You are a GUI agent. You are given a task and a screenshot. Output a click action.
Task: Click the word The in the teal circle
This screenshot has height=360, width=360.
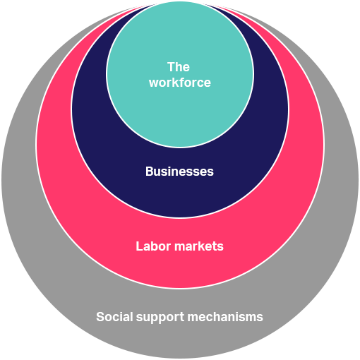click(x=179, y=67)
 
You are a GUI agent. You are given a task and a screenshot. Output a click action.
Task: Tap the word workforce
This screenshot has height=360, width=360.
click(x=180, y=83)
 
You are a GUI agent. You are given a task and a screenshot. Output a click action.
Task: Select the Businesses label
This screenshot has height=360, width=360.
click(x=179, y=172)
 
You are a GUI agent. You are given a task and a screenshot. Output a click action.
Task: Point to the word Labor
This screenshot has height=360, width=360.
click(x=153, y=246)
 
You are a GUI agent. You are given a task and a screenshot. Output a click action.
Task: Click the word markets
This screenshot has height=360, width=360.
click(x=199, y=246)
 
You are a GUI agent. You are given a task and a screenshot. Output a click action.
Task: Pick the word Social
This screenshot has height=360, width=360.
click(x=114, y=317)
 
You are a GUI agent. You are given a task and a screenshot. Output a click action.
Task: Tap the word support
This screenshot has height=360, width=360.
click(x=160, y=318)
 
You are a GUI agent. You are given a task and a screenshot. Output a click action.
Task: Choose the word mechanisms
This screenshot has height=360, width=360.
click(x=225, y=317)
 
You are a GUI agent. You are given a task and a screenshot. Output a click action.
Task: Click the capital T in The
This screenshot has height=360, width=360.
click(x=171, y=67)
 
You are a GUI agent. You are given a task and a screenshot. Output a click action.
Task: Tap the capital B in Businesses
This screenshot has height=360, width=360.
click(x=149, y=172)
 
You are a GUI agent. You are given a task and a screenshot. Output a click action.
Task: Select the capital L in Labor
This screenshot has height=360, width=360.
click(x=139, y=246)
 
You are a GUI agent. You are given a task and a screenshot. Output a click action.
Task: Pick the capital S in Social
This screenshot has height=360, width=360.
click(x=100, y=317)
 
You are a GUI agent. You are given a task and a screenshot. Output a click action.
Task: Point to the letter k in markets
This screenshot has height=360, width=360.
click(x=206, y=246)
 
